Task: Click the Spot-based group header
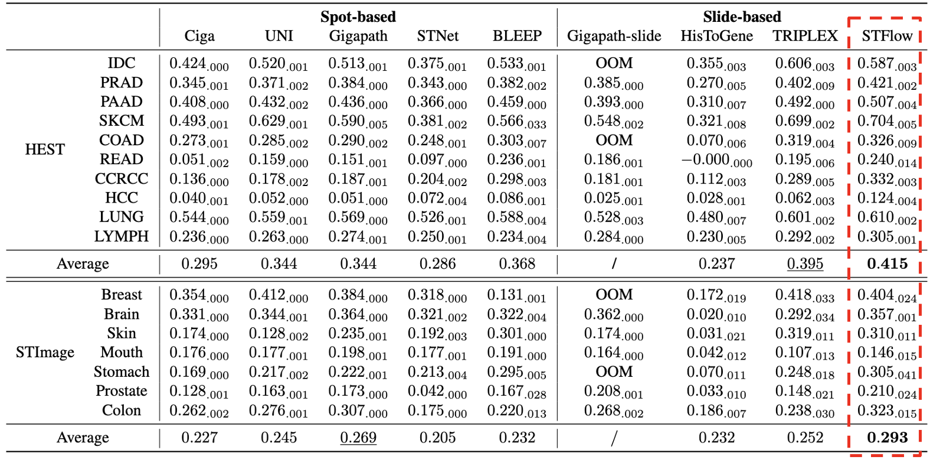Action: (x=358, y=17)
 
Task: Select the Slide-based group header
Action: (x=742, y=17)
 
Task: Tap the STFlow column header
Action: (x=887, y=36)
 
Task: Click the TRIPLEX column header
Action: (x=805, y=36)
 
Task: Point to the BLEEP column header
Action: (x=517, y=36)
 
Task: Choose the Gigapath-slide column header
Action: (x=614, y=36)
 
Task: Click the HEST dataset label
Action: (x=45, y=149)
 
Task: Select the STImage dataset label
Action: (x=45, y=353)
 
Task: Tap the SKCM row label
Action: (x=122, y=121)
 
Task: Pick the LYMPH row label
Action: (x=122, y=237)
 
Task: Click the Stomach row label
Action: (x=122, y=372)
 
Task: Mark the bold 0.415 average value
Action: (x=887, y=264)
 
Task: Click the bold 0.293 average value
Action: (x=887, y=438)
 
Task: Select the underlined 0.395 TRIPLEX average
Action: (x=805, y=264)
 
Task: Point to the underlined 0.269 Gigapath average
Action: (x=358, y=438)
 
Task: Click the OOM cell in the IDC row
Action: (x=614, y=63)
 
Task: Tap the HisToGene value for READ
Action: (x=716, y=160)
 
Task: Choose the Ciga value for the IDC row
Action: (x=199, y=64)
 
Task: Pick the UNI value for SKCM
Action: (x=279, y=122)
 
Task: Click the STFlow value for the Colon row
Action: (x=887, y=411)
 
